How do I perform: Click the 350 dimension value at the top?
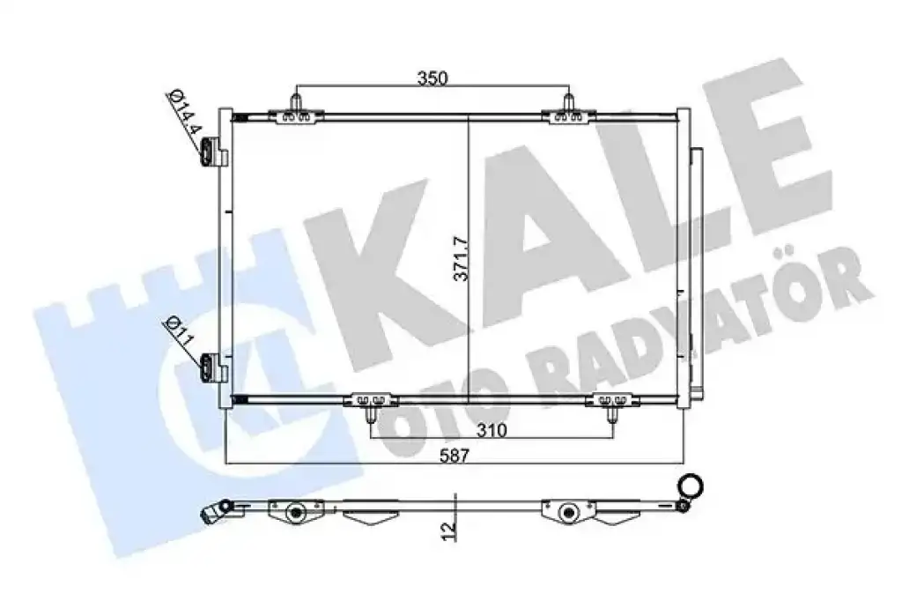432,78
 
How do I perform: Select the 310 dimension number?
492,430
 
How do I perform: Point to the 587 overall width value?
455,456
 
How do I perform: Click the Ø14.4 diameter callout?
184,112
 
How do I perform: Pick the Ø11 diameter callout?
178,333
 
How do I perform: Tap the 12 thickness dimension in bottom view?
450,529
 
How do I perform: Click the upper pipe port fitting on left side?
210,152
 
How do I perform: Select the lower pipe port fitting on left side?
210,367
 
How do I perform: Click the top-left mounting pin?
296,102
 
